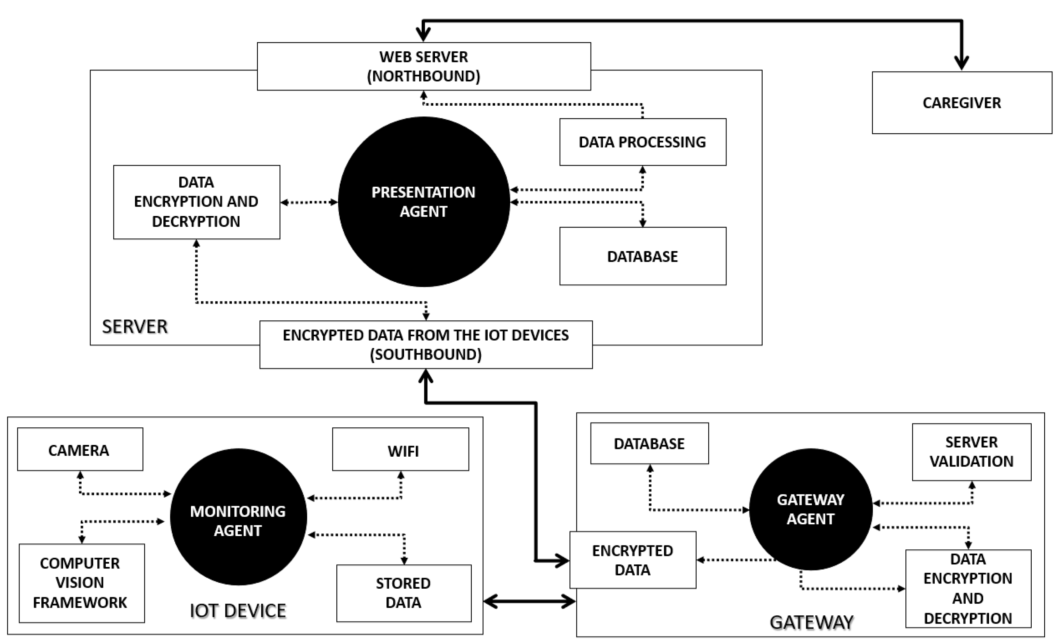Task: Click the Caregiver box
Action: [961, 103]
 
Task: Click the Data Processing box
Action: [642, 142]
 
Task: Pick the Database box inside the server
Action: [642, 256]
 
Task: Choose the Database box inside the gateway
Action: [649, 443]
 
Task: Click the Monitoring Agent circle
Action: [238, 517]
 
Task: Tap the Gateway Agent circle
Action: [810, 509]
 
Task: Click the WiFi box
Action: [401, 449]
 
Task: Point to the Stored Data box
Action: [403, 593]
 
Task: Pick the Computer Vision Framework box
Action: [81, 583]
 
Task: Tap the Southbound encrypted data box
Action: [426, 344]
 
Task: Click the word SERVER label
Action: [134, 327]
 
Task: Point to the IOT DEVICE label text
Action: [238, 610]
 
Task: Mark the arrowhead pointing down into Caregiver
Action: [961, 63]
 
